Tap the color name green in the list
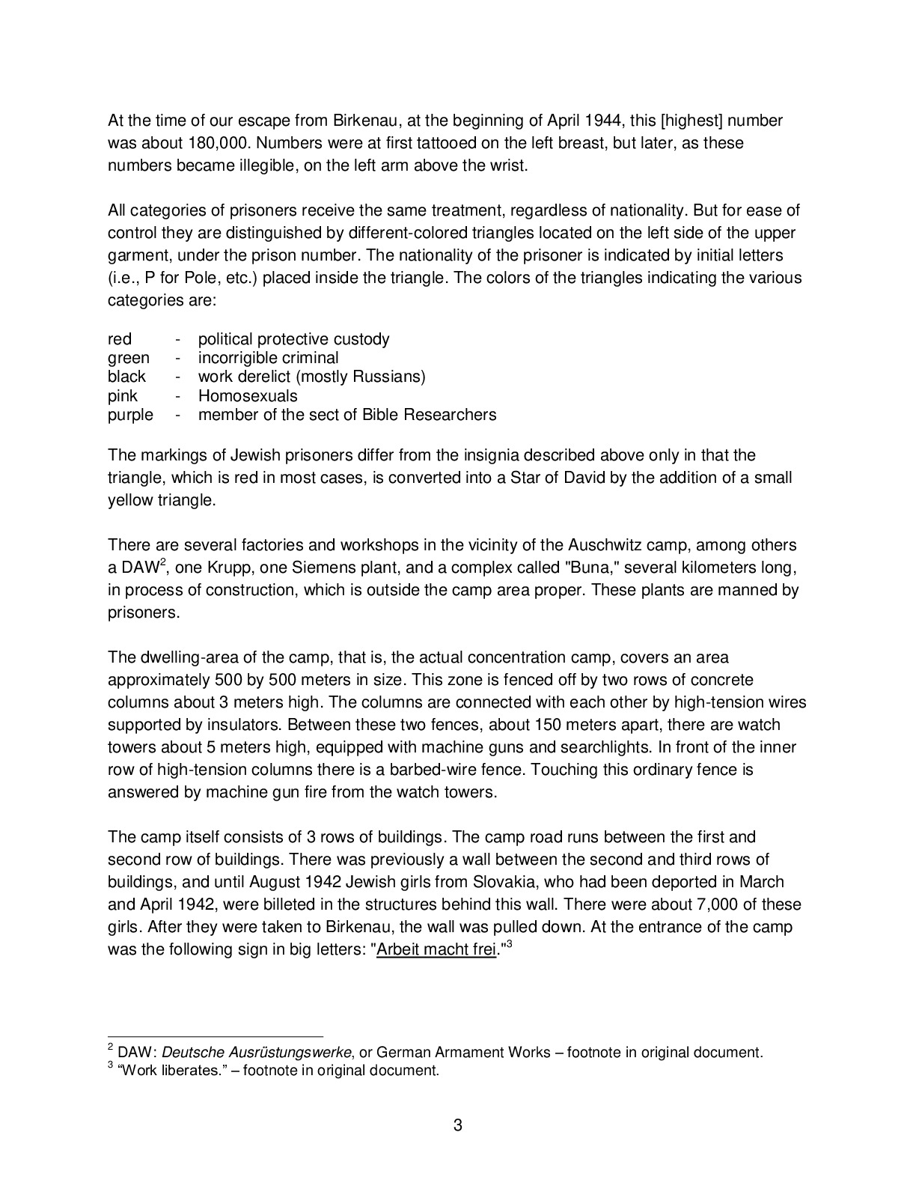(x=129, y=358)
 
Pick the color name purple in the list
(x=130, y=415)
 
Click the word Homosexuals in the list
(x=248, y=396)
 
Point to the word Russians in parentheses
(x=390, y=377)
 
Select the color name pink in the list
(x=123, y=396)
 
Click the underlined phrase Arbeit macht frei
(x=437, y=949)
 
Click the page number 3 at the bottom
(x=458, y=1125)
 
